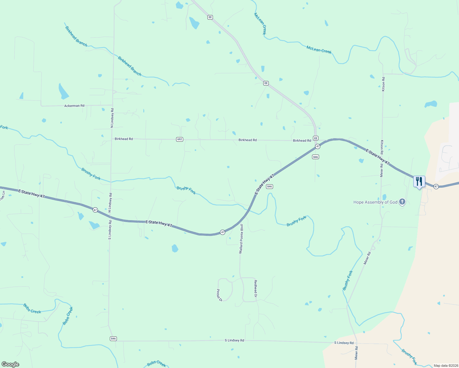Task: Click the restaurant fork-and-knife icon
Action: [419, 181]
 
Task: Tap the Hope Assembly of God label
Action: [375, 202]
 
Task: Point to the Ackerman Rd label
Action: [74, 106]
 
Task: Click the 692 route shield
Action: [179, 139]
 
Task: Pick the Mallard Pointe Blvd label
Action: [241, 239]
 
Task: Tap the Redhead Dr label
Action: [255, 289]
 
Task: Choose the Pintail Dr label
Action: [219, 295]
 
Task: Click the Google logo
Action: [10, 364]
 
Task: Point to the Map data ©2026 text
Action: [445, 366]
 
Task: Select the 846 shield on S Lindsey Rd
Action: [113, 339]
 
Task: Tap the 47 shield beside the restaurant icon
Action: [436, 186]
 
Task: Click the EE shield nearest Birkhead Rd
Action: [316, 138]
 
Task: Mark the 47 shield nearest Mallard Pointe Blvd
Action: [223, 232]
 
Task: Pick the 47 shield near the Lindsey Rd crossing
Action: [95, 210]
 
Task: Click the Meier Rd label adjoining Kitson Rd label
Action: [382, 171]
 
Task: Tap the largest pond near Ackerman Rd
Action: [63, 91]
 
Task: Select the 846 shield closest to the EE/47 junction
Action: [315, 157]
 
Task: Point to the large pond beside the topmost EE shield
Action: [194, 23]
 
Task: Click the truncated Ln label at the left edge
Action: [2, 196]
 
